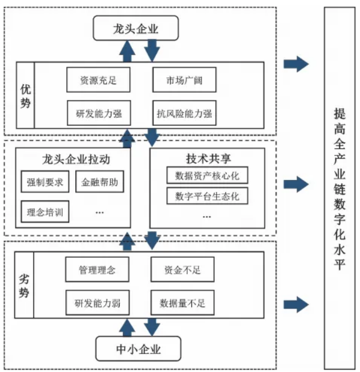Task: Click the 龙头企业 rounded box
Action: click(135, 28)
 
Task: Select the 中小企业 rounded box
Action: click(138, 349)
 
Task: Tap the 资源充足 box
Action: click(98, 79)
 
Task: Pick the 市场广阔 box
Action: click(184, 79)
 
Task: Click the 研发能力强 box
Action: click(99, 113)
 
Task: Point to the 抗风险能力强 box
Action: click(184, 113)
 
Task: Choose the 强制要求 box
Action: click(45, 182)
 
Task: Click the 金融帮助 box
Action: click(100, 182)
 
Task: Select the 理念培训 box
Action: click(45, 212)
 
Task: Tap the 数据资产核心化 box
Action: click(207, 175)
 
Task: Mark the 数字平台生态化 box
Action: click(207, 196)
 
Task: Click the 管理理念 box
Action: click(98, 269)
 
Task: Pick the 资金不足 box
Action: click(182, 269)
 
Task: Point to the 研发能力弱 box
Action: click(98, 303)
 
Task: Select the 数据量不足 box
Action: click(182, 303)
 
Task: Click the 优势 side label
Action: click(25, 95)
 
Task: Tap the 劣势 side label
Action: click(24, 285)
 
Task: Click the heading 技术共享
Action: click(208, 158)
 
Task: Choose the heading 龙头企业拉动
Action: click(76, 159)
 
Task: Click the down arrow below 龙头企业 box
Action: click(152, 51)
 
